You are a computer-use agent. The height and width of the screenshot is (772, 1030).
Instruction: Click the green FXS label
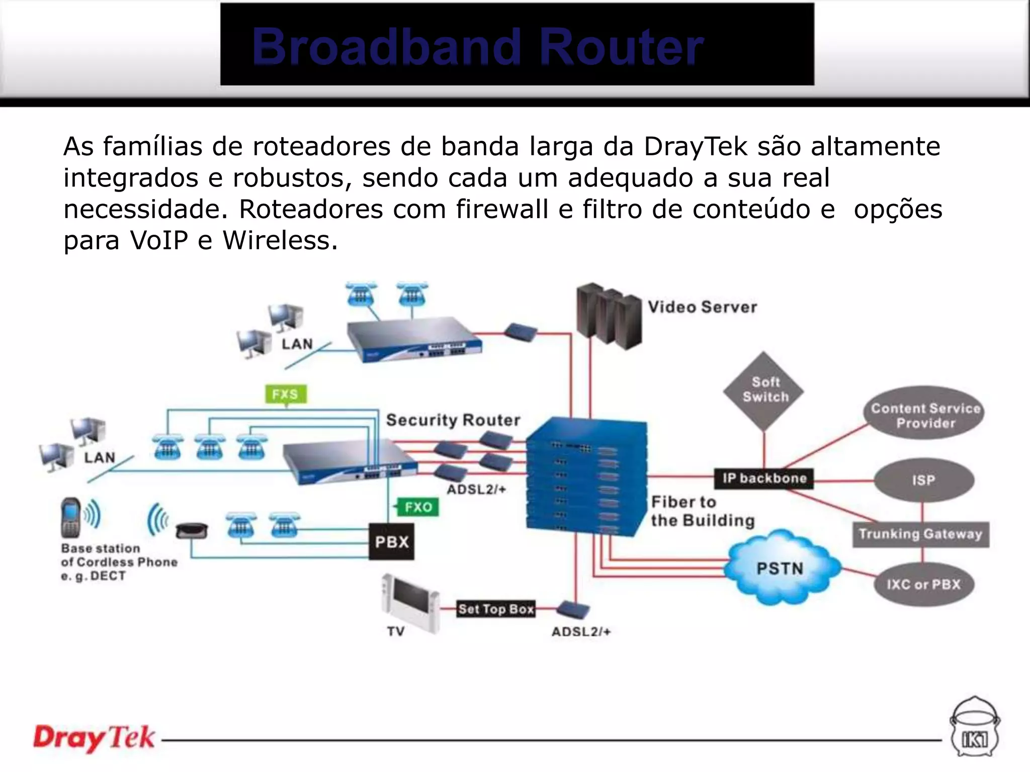[x=286, y=394]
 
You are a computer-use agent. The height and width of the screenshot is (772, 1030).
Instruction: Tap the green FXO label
[x=418, y=507]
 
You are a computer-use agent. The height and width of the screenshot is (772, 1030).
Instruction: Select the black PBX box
[x=392, y=542]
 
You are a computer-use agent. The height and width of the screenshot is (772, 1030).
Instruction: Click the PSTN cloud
[x=781, y=568]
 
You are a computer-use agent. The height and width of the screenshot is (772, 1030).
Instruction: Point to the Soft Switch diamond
[x=764, y=390]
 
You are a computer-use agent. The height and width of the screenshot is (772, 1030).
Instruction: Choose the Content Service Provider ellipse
[x=925, y=415]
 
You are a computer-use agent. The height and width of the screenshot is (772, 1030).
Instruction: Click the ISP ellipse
[x=923, y=480]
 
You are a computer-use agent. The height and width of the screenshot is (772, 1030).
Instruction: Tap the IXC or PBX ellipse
[x=923, y=585]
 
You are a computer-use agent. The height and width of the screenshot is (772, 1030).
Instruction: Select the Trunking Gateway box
[x=920, y=534]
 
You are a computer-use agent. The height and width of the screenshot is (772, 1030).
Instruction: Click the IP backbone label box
[x=764, y=478]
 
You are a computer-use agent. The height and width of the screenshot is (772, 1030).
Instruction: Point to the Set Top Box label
[x=496, y=609]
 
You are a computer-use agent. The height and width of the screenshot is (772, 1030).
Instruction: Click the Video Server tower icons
[x=609, y=317]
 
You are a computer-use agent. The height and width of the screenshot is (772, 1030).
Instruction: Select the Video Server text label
[x=702, y=307]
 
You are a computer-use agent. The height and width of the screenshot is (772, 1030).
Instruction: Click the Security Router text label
[x=453, y=420]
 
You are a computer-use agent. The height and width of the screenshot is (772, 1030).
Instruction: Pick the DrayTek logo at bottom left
[x=94, y=738]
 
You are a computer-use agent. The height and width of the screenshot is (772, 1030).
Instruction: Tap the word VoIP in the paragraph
[x=159, y=240]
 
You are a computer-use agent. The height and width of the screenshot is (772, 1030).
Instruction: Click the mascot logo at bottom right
[x=975, y=728]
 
